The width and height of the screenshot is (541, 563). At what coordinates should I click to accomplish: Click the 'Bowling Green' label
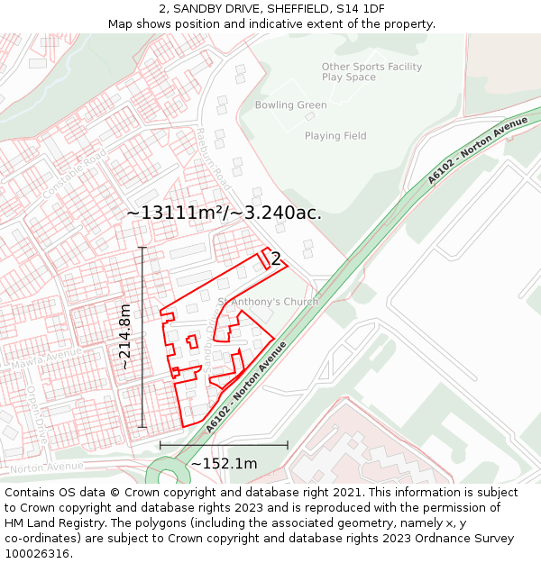290,105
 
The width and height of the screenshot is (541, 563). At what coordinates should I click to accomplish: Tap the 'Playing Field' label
335,136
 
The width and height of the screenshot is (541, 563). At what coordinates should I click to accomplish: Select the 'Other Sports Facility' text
371,67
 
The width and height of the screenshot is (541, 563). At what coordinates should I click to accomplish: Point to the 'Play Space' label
348,77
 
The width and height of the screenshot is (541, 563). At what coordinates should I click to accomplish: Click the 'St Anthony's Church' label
268,302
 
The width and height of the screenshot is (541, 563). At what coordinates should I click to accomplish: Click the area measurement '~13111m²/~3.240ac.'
224,213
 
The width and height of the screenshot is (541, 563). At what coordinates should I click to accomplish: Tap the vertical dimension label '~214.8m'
125,337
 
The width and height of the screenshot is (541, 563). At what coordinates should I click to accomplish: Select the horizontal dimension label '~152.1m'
224,464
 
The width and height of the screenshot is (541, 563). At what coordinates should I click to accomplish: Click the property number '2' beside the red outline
276,259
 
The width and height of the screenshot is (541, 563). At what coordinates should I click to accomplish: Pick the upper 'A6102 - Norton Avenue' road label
477,150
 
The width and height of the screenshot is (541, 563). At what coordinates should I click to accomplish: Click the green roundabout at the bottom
166,473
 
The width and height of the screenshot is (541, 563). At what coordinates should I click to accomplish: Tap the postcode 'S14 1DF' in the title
360,9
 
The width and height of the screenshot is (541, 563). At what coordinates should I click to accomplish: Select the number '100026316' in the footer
39,553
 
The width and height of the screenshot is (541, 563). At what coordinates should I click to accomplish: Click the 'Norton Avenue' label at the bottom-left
46,468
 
